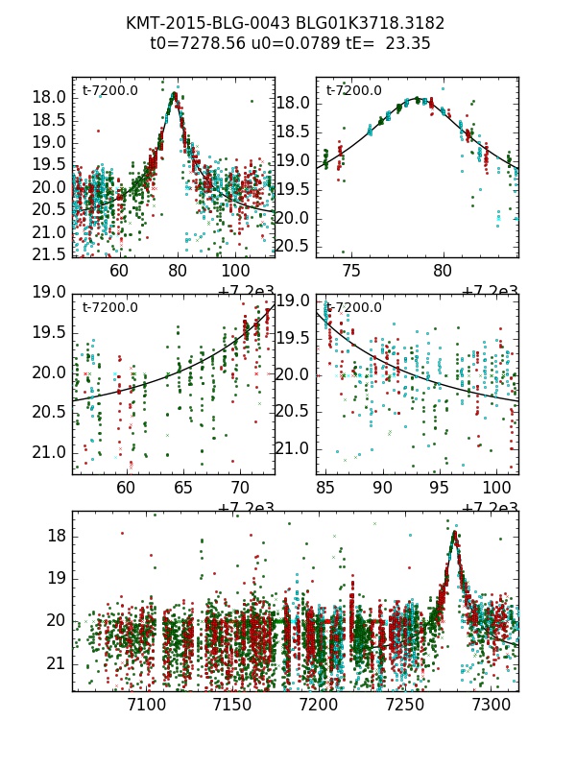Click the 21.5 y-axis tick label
click(49, 254)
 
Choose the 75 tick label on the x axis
click(352, 272)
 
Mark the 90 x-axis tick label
click(382, 489)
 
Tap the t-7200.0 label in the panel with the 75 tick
click(353, 91)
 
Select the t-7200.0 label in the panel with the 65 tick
click(109, 308)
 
